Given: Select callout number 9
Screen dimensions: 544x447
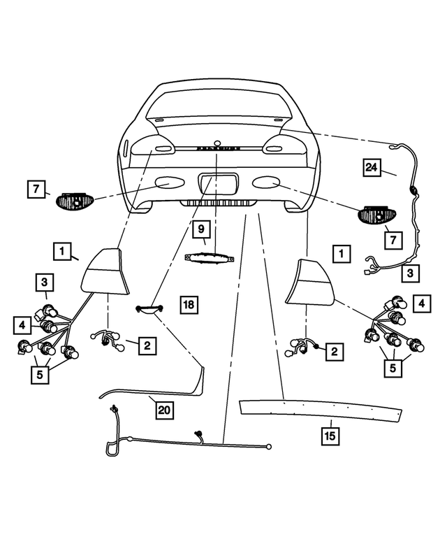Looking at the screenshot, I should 200,229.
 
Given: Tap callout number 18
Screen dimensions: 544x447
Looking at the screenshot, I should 189,304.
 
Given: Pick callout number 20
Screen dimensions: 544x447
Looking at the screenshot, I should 164,410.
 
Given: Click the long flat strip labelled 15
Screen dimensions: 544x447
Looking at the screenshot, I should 321,410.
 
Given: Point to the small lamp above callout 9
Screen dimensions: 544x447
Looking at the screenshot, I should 208,257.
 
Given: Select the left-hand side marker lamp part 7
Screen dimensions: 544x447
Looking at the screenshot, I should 74,201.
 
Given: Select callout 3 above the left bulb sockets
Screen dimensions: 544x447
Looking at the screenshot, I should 44,283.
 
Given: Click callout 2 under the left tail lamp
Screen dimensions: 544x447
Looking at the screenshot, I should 147,344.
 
